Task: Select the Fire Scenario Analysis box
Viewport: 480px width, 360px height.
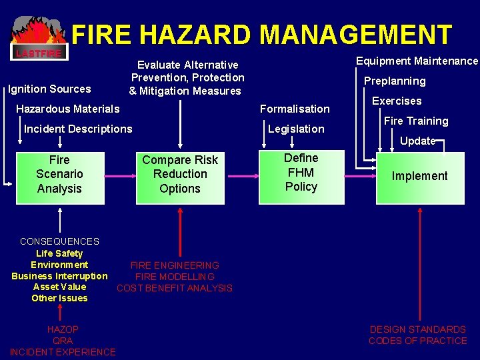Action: (60, 175)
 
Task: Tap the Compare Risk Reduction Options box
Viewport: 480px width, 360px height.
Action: (180, 175)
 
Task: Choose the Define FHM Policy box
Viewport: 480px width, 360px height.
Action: (301, 175)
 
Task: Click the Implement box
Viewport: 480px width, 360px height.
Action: (419, 177)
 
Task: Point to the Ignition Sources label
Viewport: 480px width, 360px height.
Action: (49, 89)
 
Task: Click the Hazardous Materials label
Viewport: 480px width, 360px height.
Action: (68, 109)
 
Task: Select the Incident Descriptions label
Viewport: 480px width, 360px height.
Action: (78, 129)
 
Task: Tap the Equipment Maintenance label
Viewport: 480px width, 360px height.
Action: (417, 61)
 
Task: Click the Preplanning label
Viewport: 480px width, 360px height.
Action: (394, 81)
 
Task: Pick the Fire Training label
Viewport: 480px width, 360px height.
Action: (416, 121)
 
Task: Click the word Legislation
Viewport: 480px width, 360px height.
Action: (296, 129)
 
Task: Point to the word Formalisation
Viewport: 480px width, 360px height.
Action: (295, 109)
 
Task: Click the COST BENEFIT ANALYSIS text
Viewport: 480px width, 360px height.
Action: (175, 288)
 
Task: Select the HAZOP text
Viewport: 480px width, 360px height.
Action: (63, 329)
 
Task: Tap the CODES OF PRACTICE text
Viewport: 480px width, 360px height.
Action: (418, 341)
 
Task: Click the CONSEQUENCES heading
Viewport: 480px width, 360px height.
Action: (59, 241)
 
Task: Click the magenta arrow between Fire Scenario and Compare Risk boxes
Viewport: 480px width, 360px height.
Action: (120, 177)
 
